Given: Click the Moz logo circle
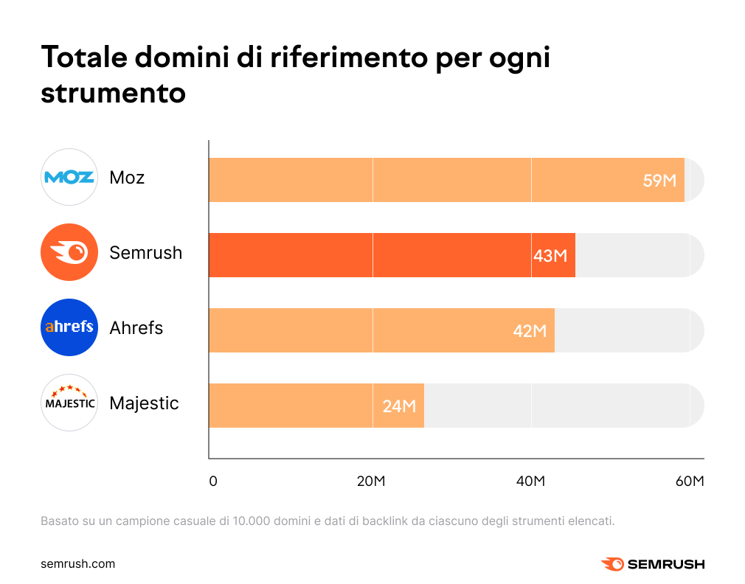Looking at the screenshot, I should pos(69,177).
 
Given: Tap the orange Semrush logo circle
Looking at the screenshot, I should pos(69,253).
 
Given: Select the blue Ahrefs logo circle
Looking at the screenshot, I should pos(69,327).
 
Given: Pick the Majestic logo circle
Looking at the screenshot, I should pos(69,403).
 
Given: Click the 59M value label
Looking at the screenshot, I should pos(659,181).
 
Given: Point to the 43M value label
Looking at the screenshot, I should pos(550,256).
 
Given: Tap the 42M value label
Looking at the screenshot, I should pos(530,331).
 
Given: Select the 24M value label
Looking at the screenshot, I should pos(399,406).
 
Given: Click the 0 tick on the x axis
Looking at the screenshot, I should pos(213,482).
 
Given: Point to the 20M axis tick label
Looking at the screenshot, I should pos(372,482).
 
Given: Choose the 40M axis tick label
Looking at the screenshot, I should pos(530,482).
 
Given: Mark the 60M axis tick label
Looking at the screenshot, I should pos(690,482).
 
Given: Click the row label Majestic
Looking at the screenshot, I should pos(144,403).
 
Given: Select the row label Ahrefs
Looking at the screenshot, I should pos(136,328).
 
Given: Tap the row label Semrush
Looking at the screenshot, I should pos(145,253).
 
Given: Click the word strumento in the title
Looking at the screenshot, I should pos(113,94).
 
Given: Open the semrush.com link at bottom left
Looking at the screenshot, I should pos(77,564).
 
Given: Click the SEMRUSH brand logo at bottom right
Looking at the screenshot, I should pos(653,564).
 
